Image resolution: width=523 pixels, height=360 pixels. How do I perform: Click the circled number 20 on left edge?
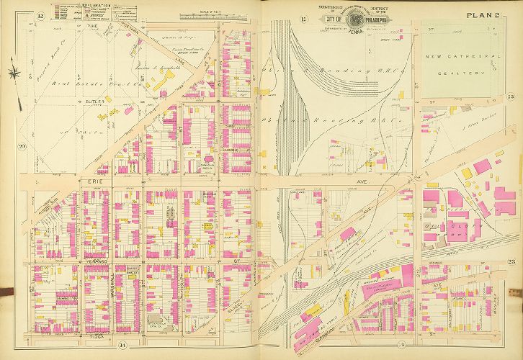22,148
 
